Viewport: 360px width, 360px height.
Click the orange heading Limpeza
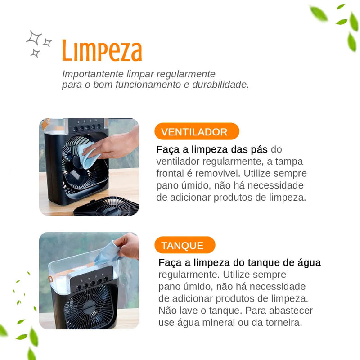coord(102,50)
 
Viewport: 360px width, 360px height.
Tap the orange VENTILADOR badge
coord(194,132)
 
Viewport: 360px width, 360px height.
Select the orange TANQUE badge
coord(182,246)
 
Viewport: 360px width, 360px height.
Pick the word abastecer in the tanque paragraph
coord(292,310)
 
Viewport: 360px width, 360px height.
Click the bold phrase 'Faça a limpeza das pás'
coord(212,149)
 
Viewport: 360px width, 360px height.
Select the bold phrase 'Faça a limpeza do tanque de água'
coord(239,263)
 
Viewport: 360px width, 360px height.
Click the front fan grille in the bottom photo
coord(90,306)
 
